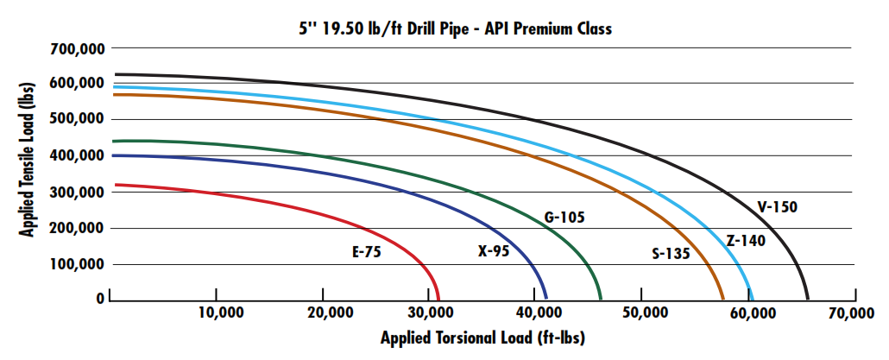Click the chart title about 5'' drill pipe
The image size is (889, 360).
click(x=450, y=28)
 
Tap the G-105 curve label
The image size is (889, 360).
click(x=564, y=217)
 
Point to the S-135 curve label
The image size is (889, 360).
click(x=671, y=253)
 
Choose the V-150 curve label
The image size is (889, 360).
click(x=778, y=206)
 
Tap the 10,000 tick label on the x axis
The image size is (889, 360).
click(x=217, y=313)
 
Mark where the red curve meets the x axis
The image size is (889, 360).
click(x=438, y=299)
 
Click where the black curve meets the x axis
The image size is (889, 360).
click(x=808, y=299)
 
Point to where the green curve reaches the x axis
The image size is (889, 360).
click(x=601, y=299)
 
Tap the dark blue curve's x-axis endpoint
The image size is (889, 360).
click(x=546, y=299)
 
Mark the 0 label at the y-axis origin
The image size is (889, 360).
click(x=100, y=299)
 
